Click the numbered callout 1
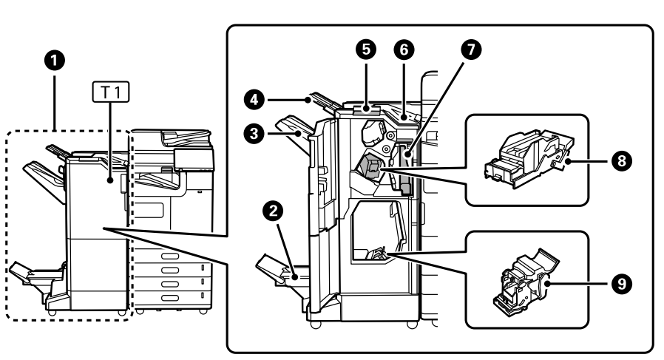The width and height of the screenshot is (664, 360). point(55,61)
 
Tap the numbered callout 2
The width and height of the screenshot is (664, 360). point(273,211)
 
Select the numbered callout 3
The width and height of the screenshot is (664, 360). point(254,134)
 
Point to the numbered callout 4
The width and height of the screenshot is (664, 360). point(254,100)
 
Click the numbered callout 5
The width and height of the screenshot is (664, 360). point(366,50)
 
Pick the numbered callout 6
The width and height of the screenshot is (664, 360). point(404,50)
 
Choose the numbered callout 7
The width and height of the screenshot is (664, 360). point(471,50)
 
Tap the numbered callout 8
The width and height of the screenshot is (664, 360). point(622,161)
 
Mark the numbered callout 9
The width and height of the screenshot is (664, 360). point(622,283)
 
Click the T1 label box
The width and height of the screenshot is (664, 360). point(111,92)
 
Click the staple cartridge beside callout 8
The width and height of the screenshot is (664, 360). point(529,159)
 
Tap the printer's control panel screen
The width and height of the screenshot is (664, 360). point(194,160)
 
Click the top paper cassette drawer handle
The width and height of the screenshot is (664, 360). point(170,257)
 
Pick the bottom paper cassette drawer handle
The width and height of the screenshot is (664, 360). point(170,298)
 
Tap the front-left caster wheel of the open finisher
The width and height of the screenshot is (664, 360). point(315,325)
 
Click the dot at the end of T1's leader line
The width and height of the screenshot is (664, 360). point(110,180)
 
